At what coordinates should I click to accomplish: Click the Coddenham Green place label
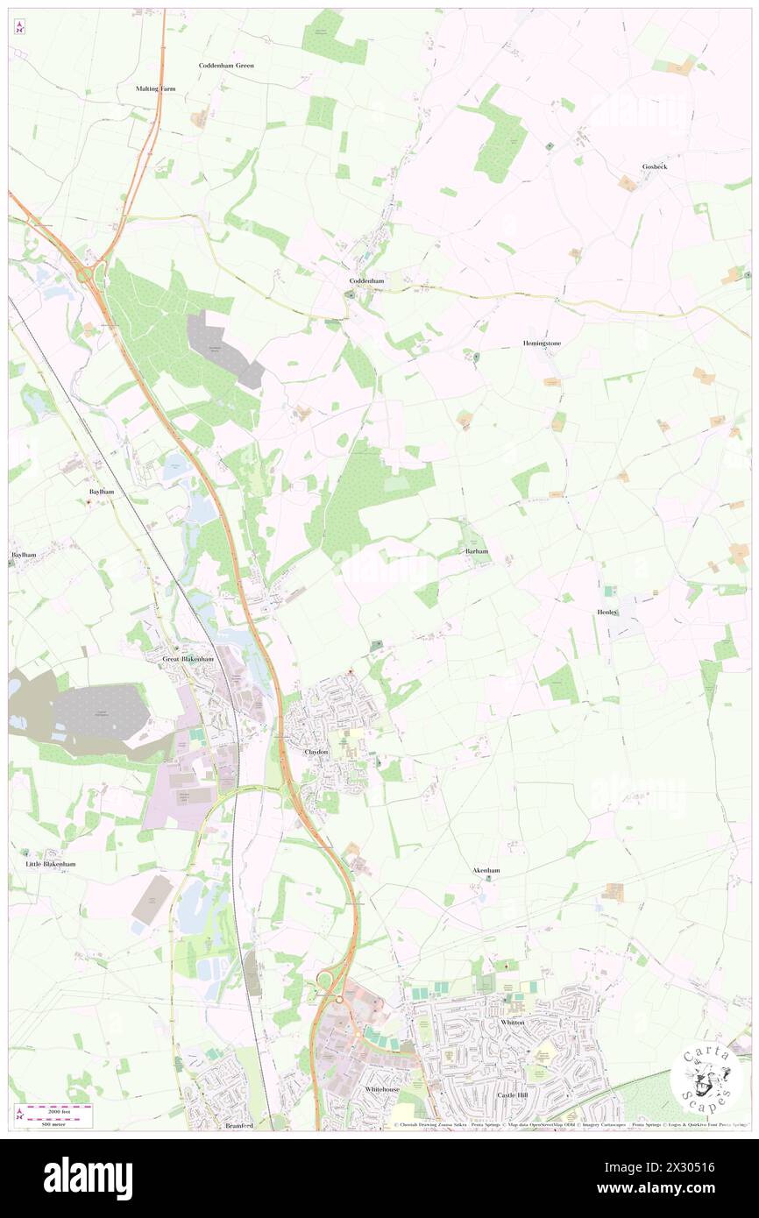pos(225,66)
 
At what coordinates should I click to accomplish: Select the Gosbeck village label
pos(654,166)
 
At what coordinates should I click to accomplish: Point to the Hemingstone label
pos(542,343)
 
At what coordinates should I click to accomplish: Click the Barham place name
pos(475,552)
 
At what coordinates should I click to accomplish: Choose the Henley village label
pos(607,612)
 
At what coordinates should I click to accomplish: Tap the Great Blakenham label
pos(188,659)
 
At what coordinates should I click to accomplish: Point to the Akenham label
pos(486,870)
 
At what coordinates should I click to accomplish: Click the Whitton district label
pos(512,1023)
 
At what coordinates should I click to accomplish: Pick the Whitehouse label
pos(382,1089)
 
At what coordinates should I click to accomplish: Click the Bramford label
pos(238,1125)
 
